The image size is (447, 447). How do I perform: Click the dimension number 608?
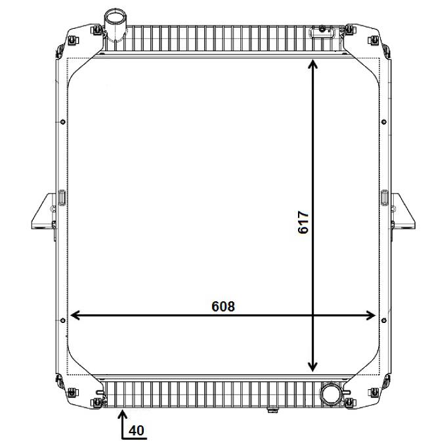click(223, 307)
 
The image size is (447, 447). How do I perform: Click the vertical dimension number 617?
click(303, 222)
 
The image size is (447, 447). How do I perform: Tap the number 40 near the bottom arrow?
click(137, 431)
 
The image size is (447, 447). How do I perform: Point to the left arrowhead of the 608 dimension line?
click(75, 315)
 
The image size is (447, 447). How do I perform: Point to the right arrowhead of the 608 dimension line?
click(371, 315)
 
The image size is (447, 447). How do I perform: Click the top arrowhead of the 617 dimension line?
click(312, 64)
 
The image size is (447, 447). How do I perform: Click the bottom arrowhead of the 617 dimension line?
click(312, 367)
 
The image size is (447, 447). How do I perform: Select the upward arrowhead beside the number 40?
click(123, 414)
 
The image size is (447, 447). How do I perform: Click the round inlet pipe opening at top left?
click(115, 15)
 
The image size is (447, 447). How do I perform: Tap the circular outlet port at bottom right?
click(331, 394)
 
